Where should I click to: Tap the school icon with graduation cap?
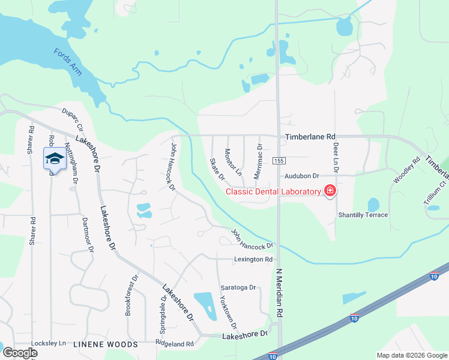[54, 158]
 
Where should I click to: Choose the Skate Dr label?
[217, 169]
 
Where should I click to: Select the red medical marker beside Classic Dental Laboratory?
[330, 191]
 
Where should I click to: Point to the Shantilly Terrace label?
[363, 215]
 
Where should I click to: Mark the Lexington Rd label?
[253, 259]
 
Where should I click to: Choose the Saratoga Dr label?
[238, 287]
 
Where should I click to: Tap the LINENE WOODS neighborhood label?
[105, 344]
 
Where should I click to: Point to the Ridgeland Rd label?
[175, 344]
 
